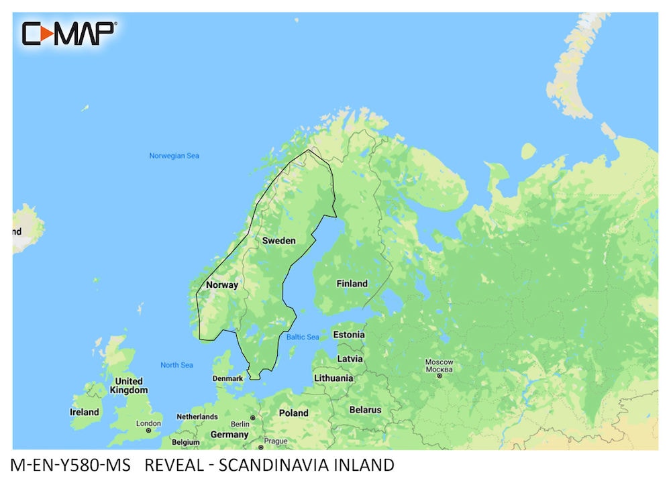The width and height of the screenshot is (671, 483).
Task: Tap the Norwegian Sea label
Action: pos(174,156)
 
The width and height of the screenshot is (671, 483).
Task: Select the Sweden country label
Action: pos(278,240)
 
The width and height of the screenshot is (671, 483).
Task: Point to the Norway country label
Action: pos(222,284)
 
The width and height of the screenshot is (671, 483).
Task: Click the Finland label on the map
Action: pos(352,284)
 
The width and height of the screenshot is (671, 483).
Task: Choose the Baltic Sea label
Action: pos(303,337)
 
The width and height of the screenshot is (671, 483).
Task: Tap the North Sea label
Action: pos(176,365)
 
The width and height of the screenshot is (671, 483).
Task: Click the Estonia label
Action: pos(349,334)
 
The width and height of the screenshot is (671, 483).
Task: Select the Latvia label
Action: pos(350,358)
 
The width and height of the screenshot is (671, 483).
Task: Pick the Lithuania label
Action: pos(333,378)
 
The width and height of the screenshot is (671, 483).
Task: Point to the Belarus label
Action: pos(365,409)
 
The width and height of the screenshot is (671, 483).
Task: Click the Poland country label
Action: pos(294,413)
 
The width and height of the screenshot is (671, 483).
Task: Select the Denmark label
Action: pos(227,378)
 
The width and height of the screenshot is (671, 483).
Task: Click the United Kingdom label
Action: pos(128,386)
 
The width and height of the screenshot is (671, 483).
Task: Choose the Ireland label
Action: pos(85,412)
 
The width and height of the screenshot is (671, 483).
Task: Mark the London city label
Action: pos(148,423)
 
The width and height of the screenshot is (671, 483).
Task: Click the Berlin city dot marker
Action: pos(253,418)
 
